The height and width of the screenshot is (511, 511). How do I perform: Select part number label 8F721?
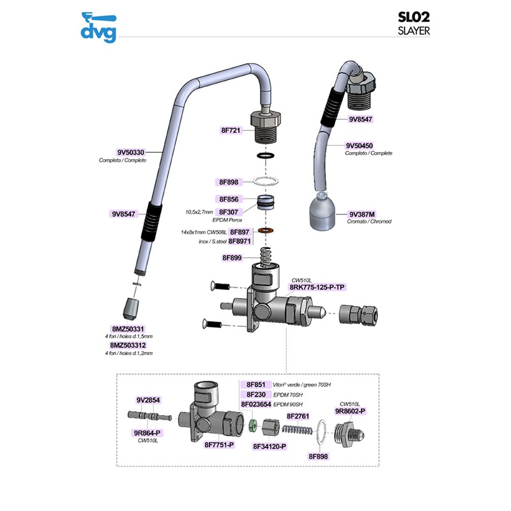[x=230, y=130]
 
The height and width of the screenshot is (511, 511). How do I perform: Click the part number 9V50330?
[x=130, y=153]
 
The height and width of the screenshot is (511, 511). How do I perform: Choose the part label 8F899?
[x=231, y=258]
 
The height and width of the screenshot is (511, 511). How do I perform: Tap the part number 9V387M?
[x=361, y=214]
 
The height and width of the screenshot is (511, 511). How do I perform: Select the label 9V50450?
[x=361, y=146]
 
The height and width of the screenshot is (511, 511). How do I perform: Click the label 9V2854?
[x=148, y=400]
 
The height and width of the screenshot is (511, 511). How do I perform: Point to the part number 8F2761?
[x=298, y=416]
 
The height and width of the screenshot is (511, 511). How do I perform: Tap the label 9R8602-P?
[x=350, y=411]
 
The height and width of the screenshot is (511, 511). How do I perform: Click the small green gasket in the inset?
[x=252, y=425]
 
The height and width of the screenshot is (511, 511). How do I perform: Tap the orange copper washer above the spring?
[x=267, y=230]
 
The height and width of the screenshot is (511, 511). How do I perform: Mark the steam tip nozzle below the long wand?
[x=133, y=309]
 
